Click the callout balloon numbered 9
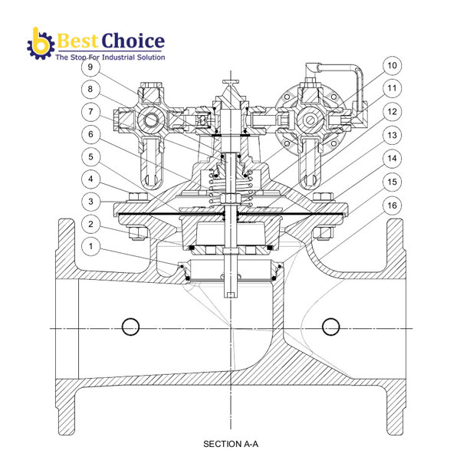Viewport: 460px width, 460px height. [90, 67]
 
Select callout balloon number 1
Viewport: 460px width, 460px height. [90, 246]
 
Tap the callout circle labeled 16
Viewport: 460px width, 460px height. [392, 205]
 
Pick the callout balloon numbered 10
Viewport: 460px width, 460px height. [392, 65]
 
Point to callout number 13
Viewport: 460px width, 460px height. [392, 135]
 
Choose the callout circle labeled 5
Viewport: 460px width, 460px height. [90, 157]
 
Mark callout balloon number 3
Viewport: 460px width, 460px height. [90, 202]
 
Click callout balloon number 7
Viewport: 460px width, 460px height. [90, 112]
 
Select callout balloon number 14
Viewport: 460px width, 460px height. [392, 159]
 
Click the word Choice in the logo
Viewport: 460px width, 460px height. [133, 41]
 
